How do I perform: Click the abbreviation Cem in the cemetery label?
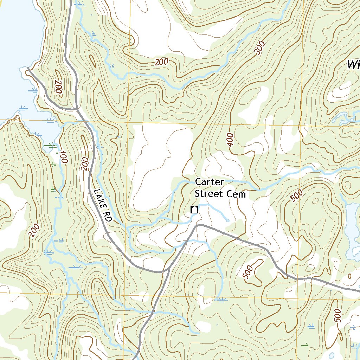tap(236, 194)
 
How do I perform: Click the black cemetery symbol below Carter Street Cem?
tap(194, 210)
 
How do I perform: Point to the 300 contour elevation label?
tap(259, 50)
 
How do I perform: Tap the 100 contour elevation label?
tap(63, 157)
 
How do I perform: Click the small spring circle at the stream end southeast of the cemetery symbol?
tap(227, 221)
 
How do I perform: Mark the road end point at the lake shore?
tap(28, 68)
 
